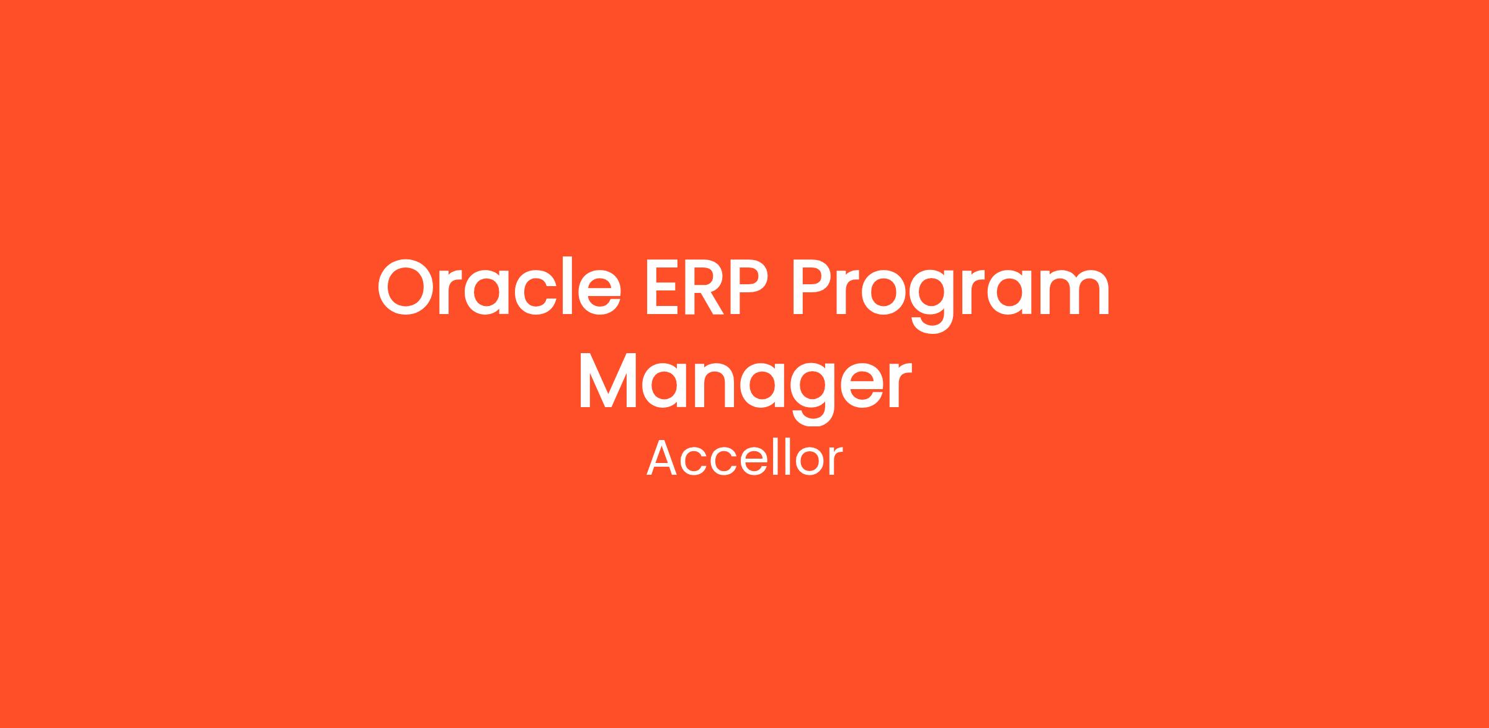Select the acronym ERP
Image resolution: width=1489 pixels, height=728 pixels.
click(x=707, y=287)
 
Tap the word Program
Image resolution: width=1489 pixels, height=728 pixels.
click(x=950, y=295)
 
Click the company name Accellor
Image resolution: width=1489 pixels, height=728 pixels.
click(x=744, y=459)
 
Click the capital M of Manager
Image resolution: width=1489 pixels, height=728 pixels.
click(x=608, y=380)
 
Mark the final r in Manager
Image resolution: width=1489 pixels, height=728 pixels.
click(x=899, y=387)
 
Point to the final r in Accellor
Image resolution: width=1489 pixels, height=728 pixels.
click(x=836, y=463)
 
